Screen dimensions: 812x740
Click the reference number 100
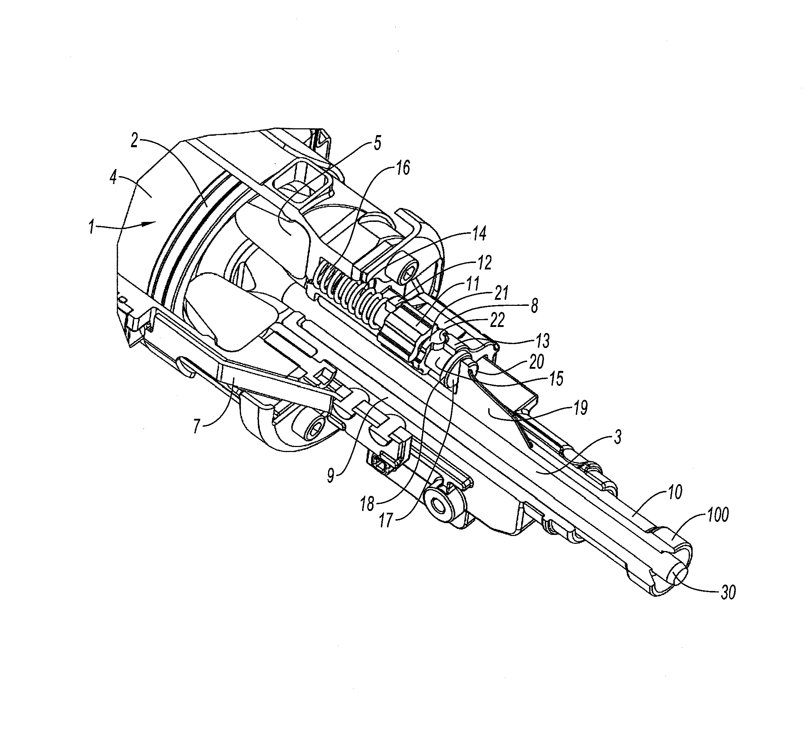point(717,516)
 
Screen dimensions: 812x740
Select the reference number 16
point(402,168)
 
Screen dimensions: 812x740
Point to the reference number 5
point(377,144)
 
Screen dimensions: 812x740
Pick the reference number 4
point(114,178)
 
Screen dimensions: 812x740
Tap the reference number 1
point(92,228)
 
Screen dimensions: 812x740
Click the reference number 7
point(197,426)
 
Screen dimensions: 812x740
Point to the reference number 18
point(368,504)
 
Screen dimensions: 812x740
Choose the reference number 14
point(479,234)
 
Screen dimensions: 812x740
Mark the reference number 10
point(675,492)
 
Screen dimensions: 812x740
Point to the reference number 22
point(497,321)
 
